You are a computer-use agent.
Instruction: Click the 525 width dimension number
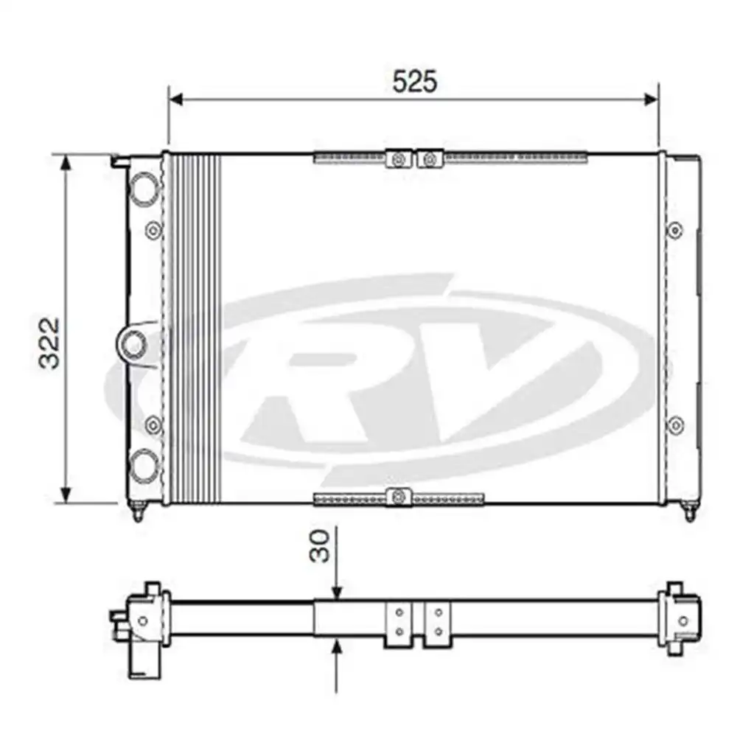(x=414, y=82)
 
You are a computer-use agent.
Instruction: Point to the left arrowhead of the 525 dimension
(x=175, y=99)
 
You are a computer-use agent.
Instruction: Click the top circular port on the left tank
(x=144, y=186)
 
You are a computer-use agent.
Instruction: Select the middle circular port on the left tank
(x=134, y=343)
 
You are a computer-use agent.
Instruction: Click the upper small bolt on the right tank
(x=674, y=231)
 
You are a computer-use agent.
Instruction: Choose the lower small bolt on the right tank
(x=674, y=425)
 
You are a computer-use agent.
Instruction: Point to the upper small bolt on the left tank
(x=153, y=231)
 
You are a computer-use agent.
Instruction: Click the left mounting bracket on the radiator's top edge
(x=399, y=158)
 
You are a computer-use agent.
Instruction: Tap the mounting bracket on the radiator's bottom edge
(x=399, y=497)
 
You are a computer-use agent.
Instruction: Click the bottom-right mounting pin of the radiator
(x=689, y=511)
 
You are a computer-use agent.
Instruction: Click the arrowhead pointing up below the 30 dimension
(x=337, y=648)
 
